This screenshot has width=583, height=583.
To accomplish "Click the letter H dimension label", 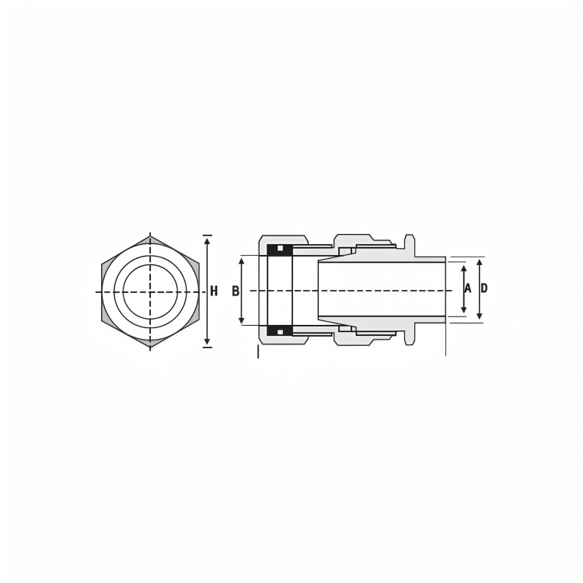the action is point(214,291).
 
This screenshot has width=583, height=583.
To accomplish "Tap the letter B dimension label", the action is point(236,291).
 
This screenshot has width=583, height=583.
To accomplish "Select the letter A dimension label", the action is point(468,288).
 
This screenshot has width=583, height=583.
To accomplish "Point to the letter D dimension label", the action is point(484,288).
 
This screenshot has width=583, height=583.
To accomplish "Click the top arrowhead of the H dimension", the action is point(208,240).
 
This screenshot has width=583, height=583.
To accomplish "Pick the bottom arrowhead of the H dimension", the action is point(208,342).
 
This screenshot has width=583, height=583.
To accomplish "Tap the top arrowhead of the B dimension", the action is point(242,262).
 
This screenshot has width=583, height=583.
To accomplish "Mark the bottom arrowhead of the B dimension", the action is point(242,319).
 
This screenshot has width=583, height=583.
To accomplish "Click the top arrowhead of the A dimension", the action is point(463,269).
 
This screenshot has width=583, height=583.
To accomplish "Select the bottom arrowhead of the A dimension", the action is point(463,309).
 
